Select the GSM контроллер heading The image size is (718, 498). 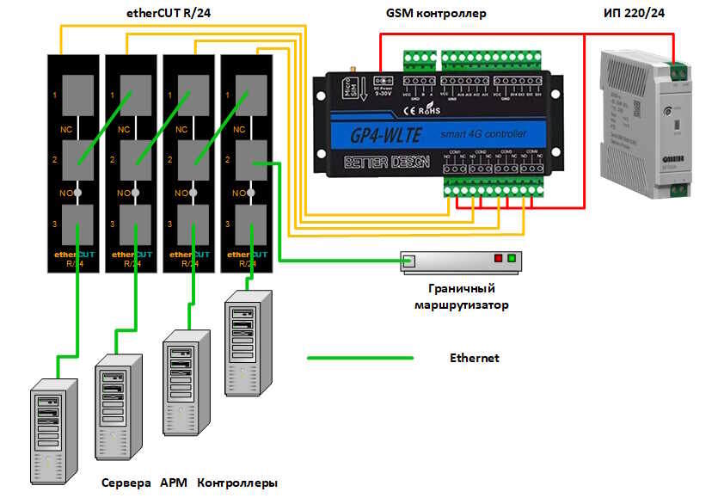[x=437, y=13]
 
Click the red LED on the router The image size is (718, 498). [x=496, y=258]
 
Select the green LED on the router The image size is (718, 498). [x=512, y=258]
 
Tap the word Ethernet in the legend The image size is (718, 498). [x=474, y=358]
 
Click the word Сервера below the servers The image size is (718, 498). [x=126, y=483]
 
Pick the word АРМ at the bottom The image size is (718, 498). [x=174, y=483]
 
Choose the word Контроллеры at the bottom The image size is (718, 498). [x=237, y=483]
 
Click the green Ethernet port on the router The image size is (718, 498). [x=410, y=260]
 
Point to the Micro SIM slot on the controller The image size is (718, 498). [x=349, y=89]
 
